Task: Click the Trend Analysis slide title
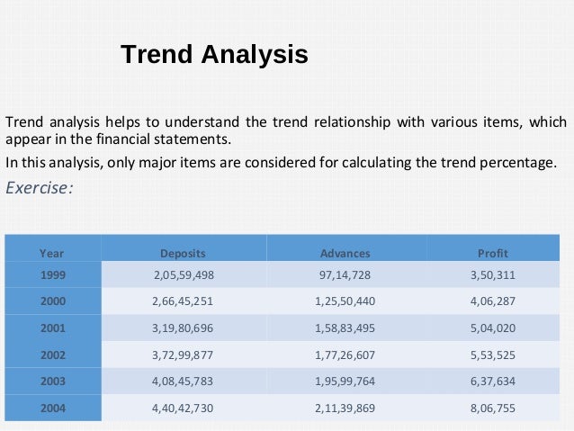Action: pyautogui.click(x=214, y=55)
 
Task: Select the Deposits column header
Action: pyautogui.click(x=183, y=253)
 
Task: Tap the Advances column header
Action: pyautogui.click(x=345, y=253)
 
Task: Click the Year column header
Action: pyautogui.click(x=51, y=253)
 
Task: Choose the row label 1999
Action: pyautogui.click(x=51, y=274)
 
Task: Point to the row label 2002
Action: pyautogui.click(x=51, y=355)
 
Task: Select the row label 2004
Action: pyautogui.click(x=51, y=408)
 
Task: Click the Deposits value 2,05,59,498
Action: pyautogui.click(x=183, y=274)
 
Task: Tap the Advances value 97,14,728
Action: pyautogui.click(x=345, y=274)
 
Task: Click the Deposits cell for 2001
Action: pyautogui.click(x=183, y=328)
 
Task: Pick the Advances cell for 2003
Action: pyautogui.click(x=345, y=381)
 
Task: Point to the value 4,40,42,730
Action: pyautogui.click(x=183, y=408)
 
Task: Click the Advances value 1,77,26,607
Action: pyautogui.click(x=345, y=355)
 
